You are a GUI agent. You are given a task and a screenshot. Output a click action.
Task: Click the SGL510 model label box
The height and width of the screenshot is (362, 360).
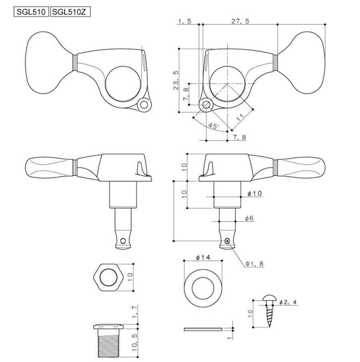click(31, 12)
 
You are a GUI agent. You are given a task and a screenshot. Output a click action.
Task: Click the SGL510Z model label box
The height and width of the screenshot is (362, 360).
click(70, 12)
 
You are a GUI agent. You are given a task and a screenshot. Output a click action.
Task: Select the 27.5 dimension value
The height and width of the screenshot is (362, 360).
click(240, 21)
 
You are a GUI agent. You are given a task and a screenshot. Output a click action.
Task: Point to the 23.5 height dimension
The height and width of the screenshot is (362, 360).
click(176, 80)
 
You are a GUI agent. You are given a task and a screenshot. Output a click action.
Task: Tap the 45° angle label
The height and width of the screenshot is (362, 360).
click(213, 126)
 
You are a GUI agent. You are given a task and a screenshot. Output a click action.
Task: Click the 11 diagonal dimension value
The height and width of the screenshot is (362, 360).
click(240, 117)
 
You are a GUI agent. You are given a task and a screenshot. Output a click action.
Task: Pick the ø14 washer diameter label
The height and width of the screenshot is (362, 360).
click(203, 257)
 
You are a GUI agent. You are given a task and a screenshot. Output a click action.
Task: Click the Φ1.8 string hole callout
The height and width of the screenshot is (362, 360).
click(254, 264)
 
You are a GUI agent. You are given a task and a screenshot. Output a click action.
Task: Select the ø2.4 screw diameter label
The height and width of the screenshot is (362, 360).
click(288, 302)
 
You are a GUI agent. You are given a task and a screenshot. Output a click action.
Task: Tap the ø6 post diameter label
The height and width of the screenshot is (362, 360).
click(249, 218)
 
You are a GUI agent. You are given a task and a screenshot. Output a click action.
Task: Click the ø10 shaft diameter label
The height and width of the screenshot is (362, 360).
click(255, 193)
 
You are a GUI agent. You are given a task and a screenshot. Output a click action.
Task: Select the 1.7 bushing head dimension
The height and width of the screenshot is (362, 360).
click(135, 312)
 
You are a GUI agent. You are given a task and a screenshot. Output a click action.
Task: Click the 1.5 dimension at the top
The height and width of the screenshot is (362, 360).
click(185, 21)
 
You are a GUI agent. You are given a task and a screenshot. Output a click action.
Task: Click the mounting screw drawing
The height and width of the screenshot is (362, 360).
click(269, 311)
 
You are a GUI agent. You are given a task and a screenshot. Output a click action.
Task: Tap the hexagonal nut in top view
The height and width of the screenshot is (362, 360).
click(108, 277)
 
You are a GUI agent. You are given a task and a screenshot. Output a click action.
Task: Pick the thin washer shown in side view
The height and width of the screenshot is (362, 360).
click(203, 329)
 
